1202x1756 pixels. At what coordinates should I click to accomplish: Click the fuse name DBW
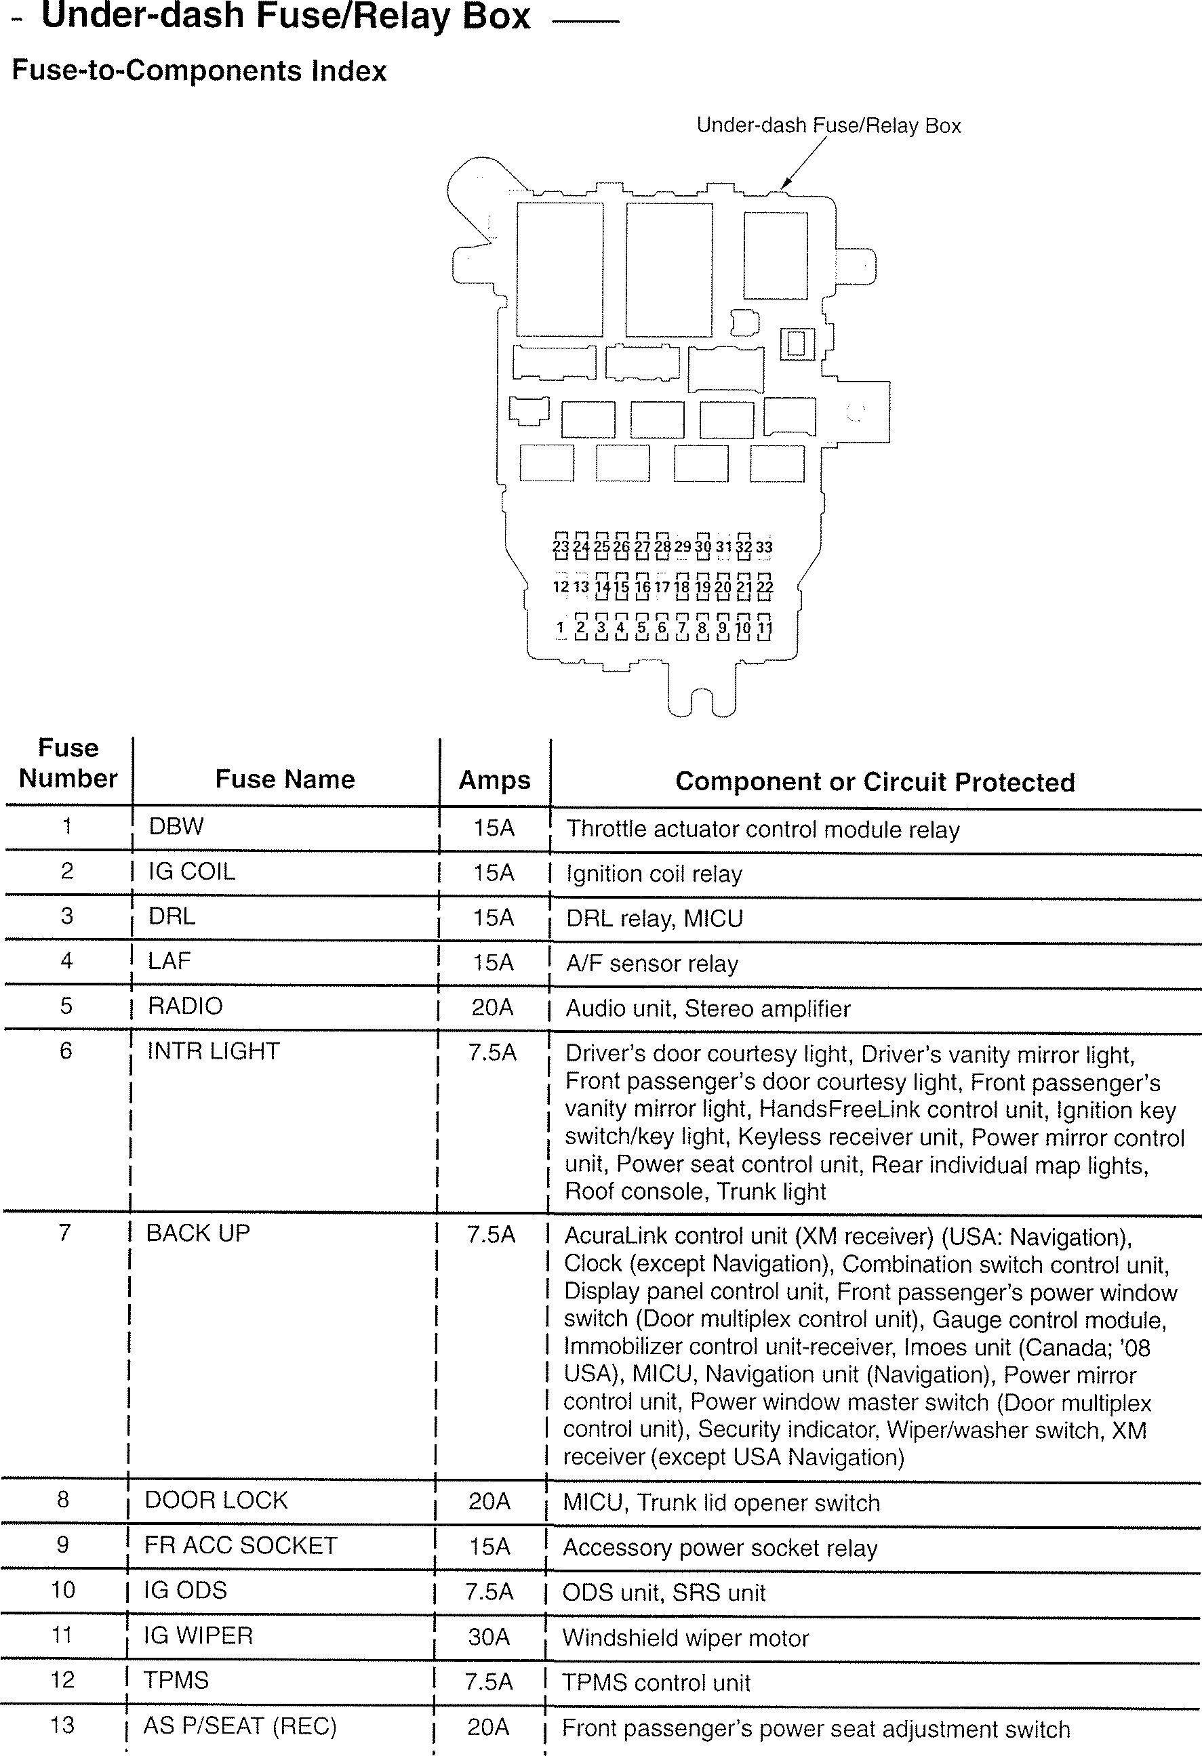click(x=176, y=826)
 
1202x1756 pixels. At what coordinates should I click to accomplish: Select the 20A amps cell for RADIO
click(x=492, y=1007)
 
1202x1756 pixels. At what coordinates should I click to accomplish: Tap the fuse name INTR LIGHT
click(x=213, y=1051)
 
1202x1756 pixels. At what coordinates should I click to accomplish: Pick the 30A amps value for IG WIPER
click(x=488, y=1637)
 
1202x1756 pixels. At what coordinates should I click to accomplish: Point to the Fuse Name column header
click(x=285, y=779)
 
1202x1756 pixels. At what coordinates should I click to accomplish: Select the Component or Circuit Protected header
click(x=875, y=782)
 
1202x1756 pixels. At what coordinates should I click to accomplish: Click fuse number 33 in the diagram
click(x=764, y=546)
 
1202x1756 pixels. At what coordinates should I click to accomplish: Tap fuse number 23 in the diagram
click(x=560, y=546)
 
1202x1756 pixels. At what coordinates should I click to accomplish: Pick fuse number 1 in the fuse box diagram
click(x=560, y=627)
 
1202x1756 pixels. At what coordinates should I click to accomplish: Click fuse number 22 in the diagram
click(x=764, y=586)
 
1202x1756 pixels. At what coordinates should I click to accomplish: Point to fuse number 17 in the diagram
click(x=662, y=586)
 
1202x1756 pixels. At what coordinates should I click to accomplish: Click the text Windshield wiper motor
click(x=685, y=1638)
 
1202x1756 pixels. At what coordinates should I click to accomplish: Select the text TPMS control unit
click(x=656, y=1683)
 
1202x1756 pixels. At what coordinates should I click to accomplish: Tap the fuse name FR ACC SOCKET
click(x=241, y=1545)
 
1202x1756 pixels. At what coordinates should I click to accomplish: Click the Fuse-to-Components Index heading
click(x=199, y=71)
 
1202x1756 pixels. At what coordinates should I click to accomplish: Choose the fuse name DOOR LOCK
click(x=216, y=1500)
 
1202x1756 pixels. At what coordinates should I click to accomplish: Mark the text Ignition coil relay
click(x=654, y=874)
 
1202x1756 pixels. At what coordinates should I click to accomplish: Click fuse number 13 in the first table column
click(x=63, y=1725)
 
